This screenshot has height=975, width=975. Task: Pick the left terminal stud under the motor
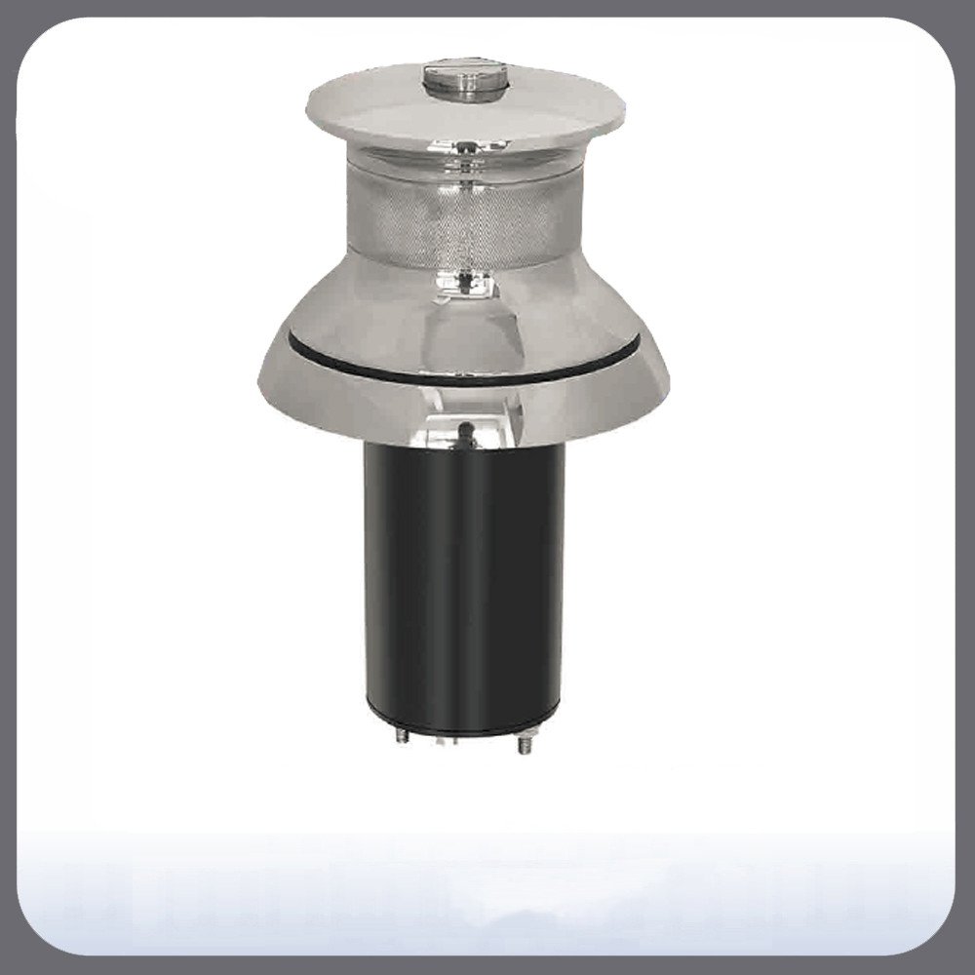403,736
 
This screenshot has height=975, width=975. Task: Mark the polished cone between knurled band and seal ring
390,302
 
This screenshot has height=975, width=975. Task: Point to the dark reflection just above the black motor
466,429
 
